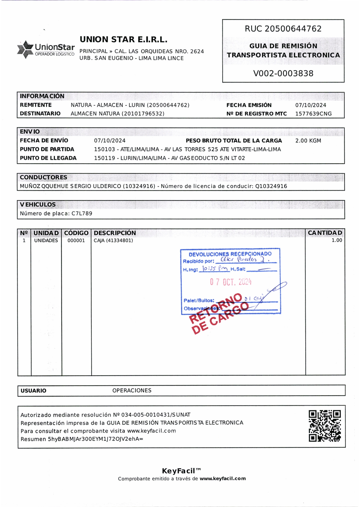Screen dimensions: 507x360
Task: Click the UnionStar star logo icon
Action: (x=25, y=49)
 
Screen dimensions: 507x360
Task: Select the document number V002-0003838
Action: (x=283, y=73)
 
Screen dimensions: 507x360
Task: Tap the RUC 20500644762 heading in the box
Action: (x=283, y=29)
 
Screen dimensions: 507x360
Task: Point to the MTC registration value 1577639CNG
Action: (x=313, y=114)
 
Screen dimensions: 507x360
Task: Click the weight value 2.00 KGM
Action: (x=308, y=141)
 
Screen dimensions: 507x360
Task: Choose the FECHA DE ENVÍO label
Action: (x=44, y=141)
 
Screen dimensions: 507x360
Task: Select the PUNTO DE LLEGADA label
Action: (x=48, y=158)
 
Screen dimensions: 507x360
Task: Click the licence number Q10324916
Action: (x=271, y=186)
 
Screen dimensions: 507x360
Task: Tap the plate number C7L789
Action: (x=82, y=213)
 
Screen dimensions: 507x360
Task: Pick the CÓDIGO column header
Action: (x=76, y=233)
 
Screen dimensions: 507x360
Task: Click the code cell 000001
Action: (x=76, y=241)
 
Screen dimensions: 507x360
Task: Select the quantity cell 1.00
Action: (x=337, y=240)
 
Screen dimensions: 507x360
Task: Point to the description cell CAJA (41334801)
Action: (x=113, y=240)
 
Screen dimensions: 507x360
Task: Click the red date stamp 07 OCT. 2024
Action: (x=230, y=282)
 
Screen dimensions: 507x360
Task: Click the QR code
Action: (x=324, y=426)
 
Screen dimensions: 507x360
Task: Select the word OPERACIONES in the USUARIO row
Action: (x=132, y=391)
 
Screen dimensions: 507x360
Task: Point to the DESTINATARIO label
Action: (x=40, y=114)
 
